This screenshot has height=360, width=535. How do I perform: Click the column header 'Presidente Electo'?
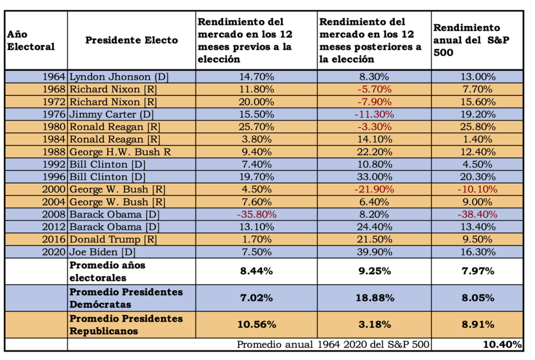131,40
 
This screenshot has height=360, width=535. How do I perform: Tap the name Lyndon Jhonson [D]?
119,77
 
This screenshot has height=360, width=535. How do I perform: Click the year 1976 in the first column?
55,114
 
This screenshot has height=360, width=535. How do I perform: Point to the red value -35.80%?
256,214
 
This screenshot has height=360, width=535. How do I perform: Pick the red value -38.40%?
476,214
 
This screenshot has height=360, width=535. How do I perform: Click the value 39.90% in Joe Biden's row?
374,252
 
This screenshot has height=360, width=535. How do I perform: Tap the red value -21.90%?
374,189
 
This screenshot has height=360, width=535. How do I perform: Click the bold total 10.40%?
502,344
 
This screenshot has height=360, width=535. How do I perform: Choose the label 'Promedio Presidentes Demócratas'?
126,298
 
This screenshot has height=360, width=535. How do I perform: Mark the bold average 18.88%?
374,298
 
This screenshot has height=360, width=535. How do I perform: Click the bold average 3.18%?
374,324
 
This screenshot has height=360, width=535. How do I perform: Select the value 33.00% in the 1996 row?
374,177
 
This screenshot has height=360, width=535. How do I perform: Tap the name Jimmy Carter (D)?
111,114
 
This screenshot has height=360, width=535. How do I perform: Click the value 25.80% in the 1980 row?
476,127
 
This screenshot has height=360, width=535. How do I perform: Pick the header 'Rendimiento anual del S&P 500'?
467,40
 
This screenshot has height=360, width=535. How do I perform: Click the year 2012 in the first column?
55,227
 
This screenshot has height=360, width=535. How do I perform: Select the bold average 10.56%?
256,324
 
